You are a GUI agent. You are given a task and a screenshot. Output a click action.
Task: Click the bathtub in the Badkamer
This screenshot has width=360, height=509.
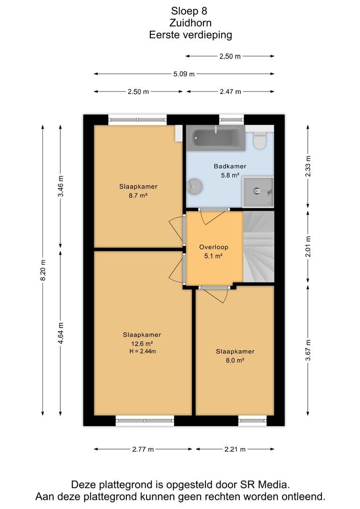coord(216,138)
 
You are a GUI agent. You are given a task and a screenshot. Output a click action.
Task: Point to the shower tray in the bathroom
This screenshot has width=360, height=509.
coord(258,191)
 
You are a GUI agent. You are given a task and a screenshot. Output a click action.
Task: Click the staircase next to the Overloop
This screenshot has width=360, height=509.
coord(259,246)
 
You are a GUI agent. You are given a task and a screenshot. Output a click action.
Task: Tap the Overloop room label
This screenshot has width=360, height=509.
coord(213,247)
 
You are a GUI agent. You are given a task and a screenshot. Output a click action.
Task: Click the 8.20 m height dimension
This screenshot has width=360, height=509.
coord(42,270)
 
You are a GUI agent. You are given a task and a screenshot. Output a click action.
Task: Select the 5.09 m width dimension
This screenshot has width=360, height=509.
coord(184,74)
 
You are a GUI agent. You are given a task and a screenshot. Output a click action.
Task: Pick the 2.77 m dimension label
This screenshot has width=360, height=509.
coord(143,449)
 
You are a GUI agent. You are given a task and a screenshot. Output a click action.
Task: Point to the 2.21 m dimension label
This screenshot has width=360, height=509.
coord(235,449)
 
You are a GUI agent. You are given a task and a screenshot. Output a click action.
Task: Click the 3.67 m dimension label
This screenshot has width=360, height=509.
coord(308,350)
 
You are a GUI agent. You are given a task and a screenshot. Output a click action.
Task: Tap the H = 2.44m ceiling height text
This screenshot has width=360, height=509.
coord(142,351)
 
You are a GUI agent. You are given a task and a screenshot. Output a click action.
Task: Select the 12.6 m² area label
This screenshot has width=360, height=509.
coord(142,344)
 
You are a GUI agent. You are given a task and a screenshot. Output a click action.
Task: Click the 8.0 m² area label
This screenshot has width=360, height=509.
coord(235,360)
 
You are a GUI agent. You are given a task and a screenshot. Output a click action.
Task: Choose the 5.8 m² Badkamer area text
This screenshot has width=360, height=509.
coord(230,175)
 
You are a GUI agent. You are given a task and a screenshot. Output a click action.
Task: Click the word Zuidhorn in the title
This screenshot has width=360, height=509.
coord(190,23)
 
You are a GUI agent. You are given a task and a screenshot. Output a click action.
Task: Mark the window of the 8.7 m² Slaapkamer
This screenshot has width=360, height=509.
coord(137,120)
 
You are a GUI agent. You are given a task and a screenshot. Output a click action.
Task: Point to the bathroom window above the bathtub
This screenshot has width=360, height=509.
coord(231,120)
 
